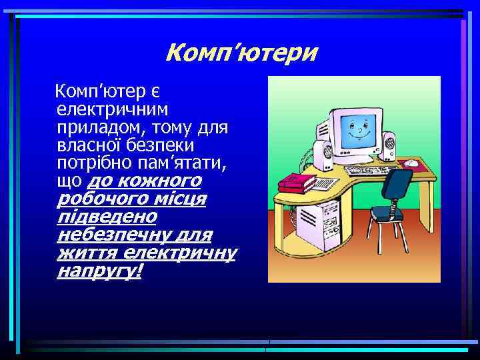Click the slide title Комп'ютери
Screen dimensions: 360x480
pos(241,51)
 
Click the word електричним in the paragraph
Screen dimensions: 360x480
pos(113,107)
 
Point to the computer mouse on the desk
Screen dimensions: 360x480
pos(412,163)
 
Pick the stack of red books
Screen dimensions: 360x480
pos(297,181)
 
